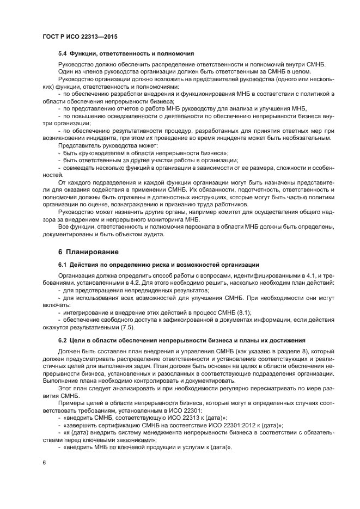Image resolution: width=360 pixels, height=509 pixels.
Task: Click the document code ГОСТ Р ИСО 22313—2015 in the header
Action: pos(80,36)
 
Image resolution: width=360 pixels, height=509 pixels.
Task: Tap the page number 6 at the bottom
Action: pos(44,463)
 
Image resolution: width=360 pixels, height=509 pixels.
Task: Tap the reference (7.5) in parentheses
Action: pos(123,328)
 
